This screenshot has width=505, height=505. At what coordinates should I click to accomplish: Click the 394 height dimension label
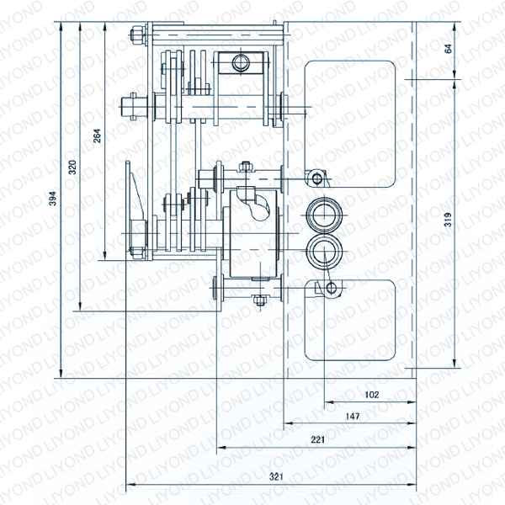pyautogui.click(x=52, y=199)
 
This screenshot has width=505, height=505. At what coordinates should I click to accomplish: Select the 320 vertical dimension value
pyautogui.click(x=73, y=166)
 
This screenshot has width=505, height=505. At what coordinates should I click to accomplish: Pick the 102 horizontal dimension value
pyautogui.click(x=372, y=394)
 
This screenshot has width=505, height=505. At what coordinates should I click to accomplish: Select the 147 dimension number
pyautogui.click(x=353, y=417)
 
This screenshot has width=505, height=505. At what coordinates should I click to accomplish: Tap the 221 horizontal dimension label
pyautogui.click(x=317, y=439)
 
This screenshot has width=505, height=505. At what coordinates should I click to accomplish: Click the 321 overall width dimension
pyautogui.click(x=274, y=476)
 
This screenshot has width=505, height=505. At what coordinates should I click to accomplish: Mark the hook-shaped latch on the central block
pyautogui.click(x=257, y=203)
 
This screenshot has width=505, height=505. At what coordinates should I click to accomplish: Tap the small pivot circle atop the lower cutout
pyautogui.click(x=331, y=288)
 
